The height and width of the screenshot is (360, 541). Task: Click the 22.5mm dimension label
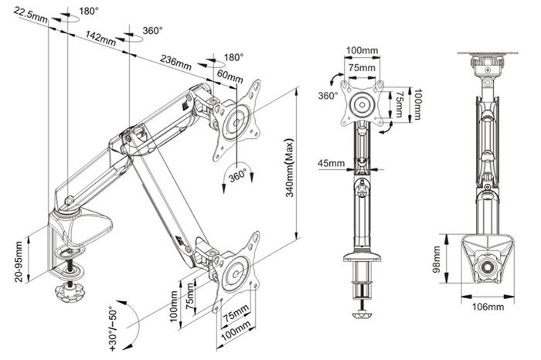(31, 14)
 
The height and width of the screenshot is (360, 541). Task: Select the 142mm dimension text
(100, 38)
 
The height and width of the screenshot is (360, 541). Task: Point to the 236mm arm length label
(175, 62)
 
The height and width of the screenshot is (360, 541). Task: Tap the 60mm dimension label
(230, 76)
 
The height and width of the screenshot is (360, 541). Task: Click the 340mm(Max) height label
(289, 168)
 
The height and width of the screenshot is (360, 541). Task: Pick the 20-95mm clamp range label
(19, 262)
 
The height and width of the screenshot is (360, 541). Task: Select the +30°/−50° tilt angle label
(114, 328)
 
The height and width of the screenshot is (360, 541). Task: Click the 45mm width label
(332, 163)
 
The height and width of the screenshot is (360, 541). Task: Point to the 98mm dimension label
(437, 260)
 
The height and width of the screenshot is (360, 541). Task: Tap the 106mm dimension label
(488, 307)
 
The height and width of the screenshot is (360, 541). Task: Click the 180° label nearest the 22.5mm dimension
(89, 12)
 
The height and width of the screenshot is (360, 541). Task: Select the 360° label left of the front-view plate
(328, 96)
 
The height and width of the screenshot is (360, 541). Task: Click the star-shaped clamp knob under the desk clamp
(70, 294)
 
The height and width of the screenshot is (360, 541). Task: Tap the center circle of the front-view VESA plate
(362, 104)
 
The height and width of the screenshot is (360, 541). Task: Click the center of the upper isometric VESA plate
(236, 122)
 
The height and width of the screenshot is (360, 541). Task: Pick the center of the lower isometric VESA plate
(236, 273)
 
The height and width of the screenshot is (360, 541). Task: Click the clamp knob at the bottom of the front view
(362, 315)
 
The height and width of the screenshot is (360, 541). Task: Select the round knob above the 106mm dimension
(488, 267)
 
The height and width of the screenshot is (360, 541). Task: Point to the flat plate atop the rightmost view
(488, 53)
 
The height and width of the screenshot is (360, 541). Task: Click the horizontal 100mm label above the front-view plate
(362, 51)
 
